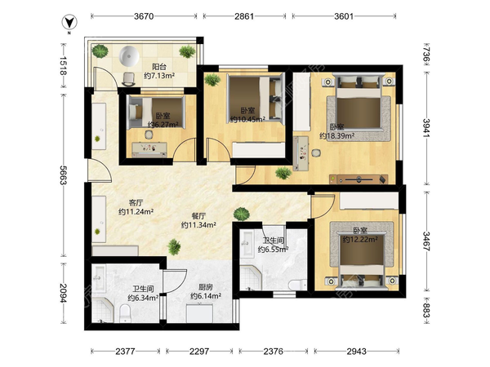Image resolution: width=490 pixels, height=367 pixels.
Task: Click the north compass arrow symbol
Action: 69,23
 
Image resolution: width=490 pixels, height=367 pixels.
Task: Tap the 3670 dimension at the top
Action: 144,16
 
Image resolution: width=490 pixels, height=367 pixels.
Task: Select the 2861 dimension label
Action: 244,16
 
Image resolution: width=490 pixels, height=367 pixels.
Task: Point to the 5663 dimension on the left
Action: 63,175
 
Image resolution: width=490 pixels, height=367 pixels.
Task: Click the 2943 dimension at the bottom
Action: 356,352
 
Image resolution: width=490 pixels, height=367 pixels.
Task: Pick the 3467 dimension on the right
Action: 426,241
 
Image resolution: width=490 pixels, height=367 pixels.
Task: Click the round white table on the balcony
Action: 129,56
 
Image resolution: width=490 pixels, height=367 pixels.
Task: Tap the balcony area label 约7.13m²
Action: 159,76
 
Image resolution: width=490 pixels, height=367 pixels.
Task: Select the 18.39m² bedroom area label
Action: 336,136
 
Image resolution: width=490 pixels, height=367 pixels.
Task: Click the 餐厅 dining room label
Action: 198,216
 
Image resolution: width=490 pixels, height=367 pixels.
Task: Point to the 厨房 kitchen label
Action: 206,287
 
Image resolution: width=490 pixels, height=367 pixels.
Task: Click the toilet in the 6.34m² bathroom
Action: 125,313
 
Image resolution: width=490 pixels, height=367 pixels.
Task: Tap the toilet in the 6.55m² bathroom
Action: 298,285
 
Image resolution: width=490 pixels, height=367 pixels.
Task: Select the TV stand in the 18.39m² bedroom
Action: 359,179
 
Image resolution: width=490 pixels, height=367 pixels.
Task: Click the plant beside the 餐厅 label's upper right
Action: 242,214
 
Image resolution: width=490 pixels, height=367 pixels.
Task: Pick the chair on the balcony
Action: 128,78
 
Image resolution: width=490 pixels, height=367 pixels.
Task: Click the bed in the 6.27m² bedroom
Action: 156,112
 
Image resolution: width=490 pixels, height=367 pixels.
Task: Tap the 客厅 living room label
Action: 136,203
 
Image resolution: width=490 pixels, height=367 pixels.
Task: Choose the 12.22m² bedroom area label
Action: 360,239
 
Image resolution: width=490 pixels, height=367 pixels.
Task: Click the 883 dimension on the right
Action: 426,310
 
